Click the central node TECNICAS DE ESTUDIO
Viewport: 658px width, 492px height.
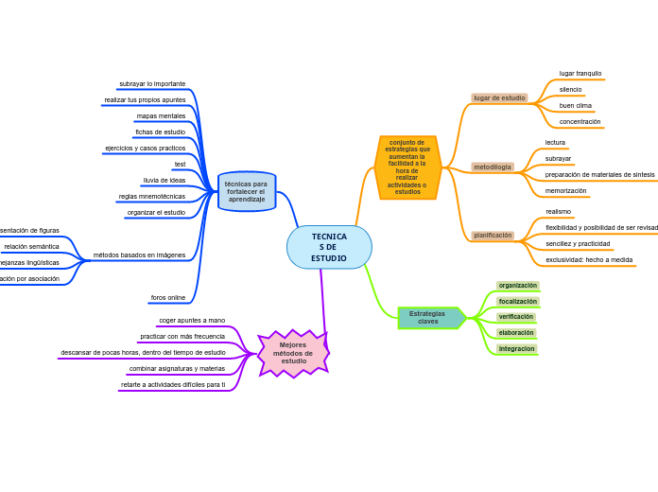(x=329, y=247)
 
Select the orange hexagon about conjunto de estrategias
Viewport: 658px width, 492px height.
(x=407, y=167)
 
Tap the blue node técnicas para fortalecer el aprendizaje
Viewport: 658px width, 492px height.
(x=247, y=191)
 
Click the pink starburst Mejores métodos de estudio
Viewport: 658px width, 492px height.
(x=293, y=353)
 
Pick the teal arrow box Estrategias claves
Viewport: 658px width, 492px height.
(x=429, y=318)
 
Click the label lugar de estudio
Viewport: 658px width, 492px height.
(x=499, y=97)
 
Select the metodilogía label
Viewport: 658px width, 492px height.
(x=493, y=167)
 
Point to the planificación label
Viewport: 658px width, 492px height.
(x=493, y=235)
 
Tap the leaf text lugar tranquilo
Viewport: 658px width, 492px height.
(x=580, y=73)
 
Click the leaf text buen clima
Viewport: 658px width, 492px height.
(x=575, y=105)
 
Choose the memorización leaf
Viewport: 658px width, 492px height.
(x=565, y=190)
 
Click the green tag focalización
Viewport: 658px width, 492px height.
(x=517, y=301)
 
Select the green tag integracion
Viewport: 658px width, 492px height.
(x=517, y=348)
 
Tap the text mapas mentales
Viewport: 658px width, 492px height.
(x=161, y=115)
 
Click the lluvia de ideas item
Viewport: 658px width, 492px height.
(x=164, y=180)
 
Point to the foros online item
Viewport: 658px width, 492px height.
(x=167, y=297)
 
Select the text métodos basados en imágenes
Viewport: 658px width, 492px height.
(x=139, y=255)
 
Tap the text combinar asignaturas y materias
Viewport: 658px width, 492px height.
(x=177, y=368)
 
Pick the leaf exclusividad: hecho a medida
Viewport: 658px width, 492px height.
(x=589, y=259)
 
